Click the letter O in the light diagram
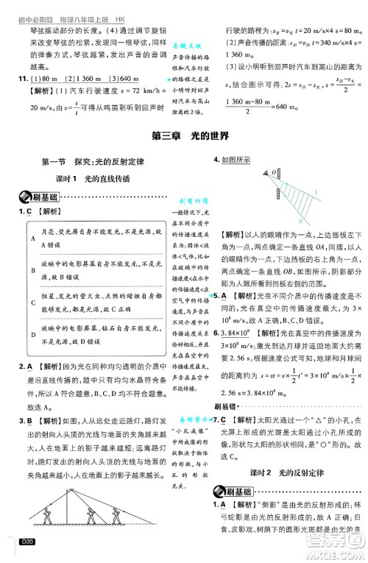pos(269,171)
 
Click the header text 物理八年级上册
pos(75,6)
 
